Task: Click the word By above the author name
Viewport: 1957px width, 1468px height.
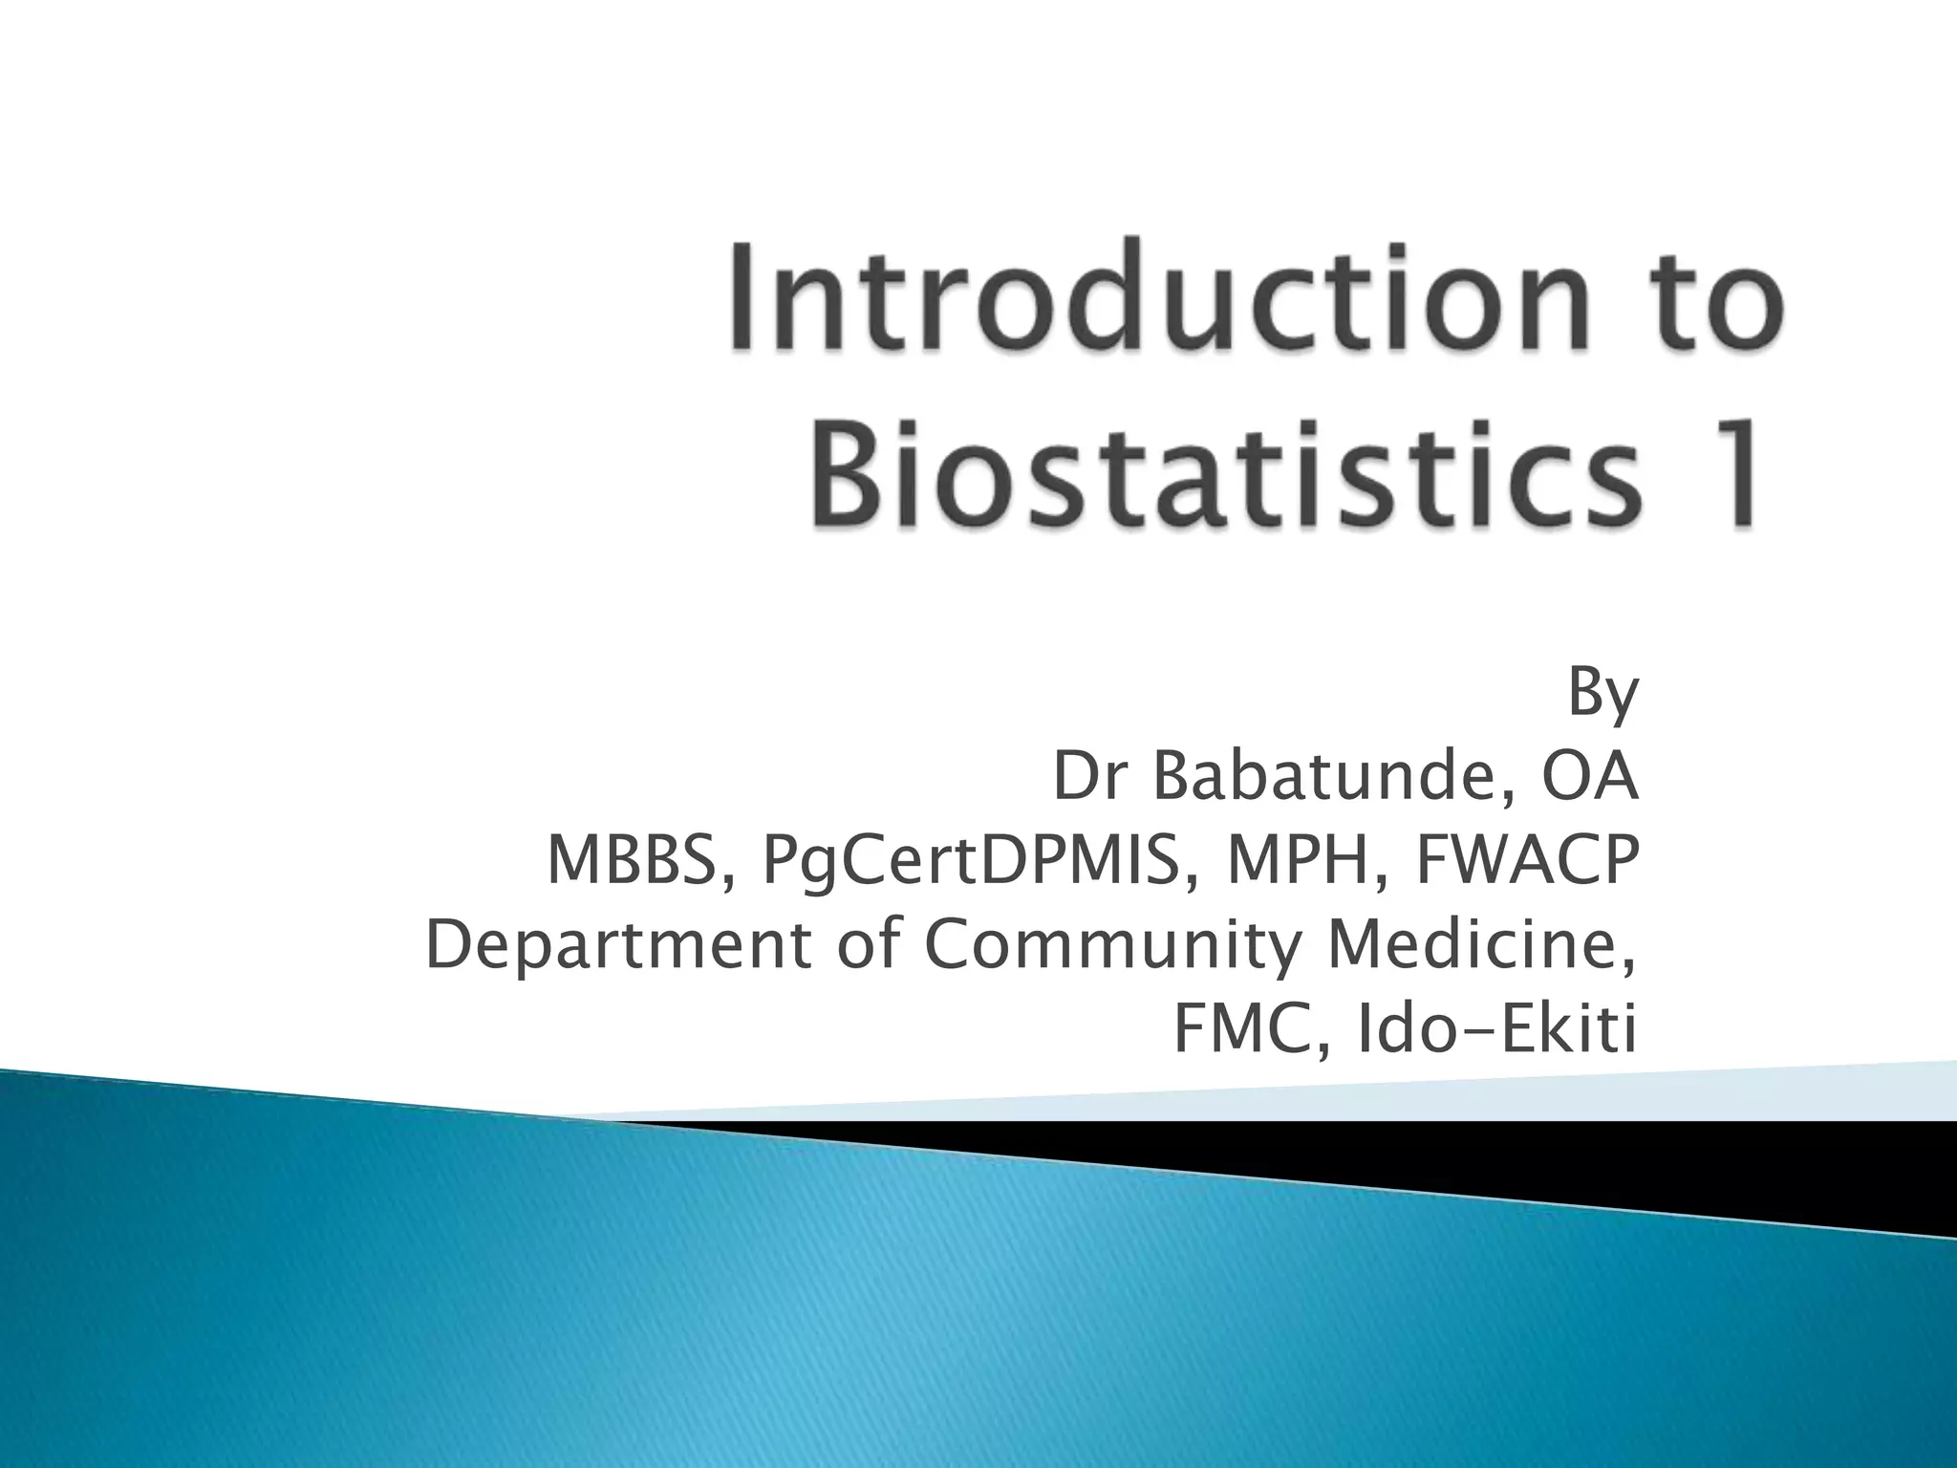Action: pos(1602,696)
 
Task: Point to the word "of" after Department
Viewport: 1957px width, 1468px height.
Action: pos(869,946)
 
